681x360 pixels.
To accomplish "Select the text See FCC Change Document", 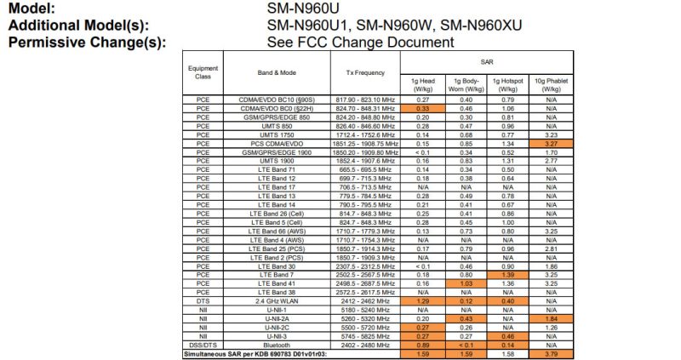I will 359,42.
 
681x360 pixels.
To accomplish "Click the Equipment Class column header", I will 203,72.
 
